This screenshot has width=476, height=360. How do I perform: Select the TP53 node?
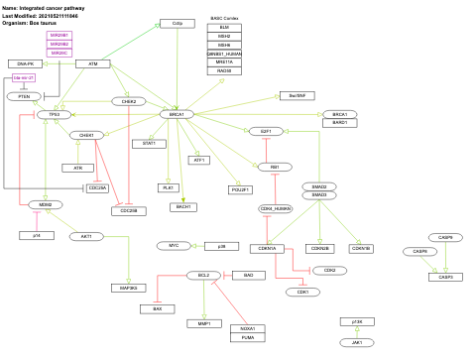tap(55, 115)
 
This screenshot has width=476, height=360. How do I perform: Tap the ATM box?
tap(92, 63)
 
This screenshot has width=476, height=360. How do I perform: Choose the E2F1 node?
tap(266, 131)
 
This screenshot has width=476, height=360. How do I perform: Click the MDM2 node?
tap(45, 204)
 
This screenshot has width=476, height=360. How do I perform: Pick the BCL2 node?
tap(202, 275)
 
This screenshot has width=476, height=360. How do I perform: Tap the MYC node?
tap(174, 244)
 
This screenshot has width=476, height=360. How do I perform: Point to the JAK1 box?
tap(356, 342)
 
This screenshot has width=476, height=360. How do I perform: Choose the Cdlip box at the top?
tap(177, 23)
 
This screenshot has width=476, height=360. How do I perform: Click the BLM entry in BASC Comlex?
tap(225, 28)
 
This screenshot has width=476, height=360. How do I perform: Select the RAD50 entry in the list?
tap(225, 70)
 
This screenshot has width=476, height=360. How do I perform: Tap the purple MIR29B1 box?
tap(59, 36)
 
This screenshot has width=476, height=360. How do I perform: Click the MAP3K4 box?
tap(128, 288)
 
